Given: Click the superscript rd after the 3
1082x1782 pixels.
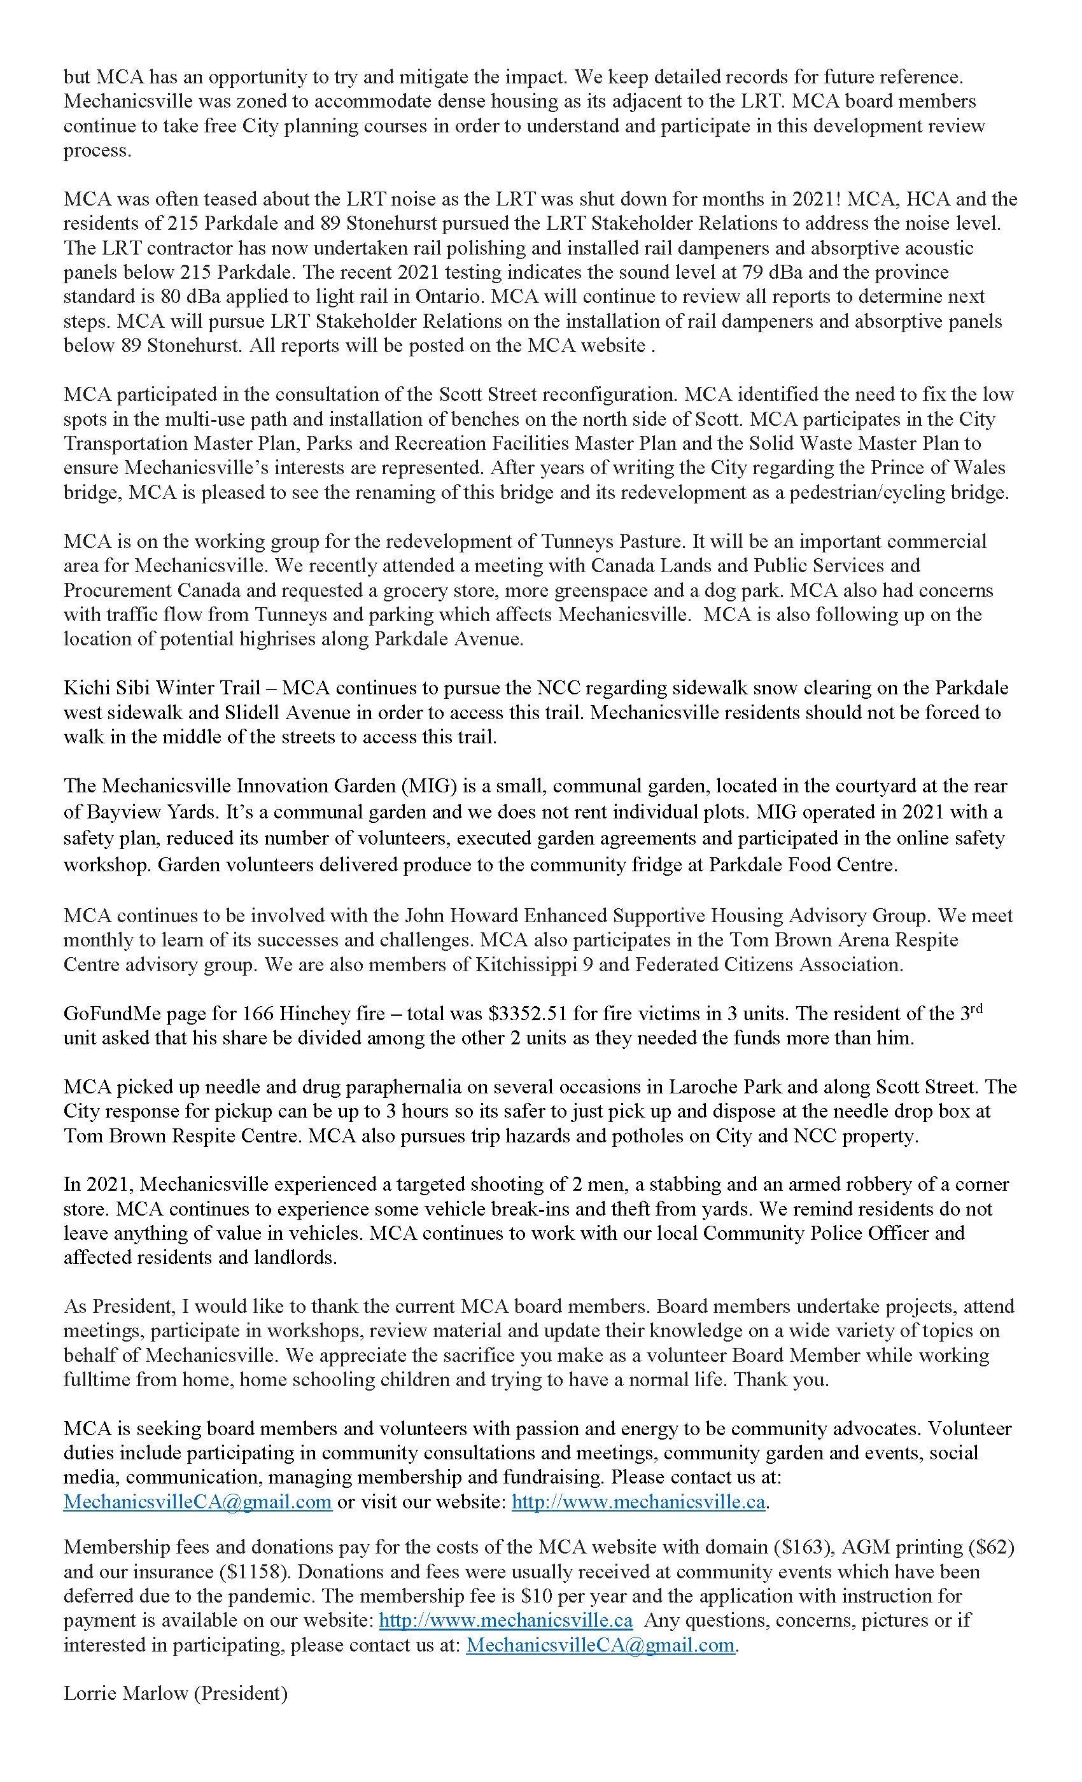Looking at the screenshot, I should coord(976,1008).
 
